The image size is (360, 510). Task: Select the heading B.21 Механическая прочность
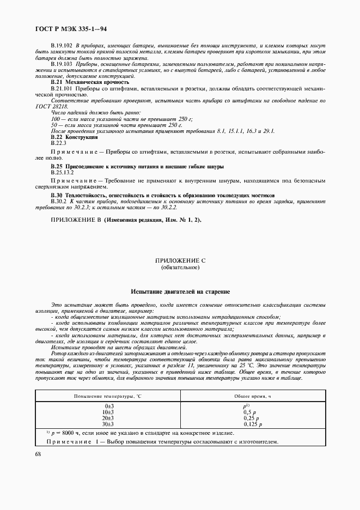point(90,81)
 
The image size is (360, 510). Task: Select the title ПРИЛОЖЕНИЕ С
point(180,261)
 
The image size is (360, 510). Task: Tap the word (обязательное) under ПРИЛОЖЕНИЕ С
point(180,268)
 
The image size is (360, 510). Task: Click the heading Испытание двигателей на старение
point(180,292)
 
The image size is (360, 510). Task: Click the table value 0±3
point(109,406)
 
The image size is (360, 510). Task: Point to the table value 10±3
point(109,412)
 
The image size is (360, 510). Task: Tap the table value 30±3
point(109,423)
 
